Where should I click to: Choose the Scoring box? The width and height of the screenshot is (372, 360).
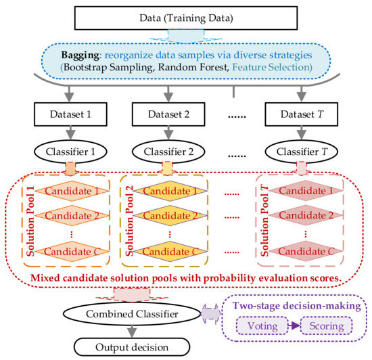pyautogui.click(x=327, y=325)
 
